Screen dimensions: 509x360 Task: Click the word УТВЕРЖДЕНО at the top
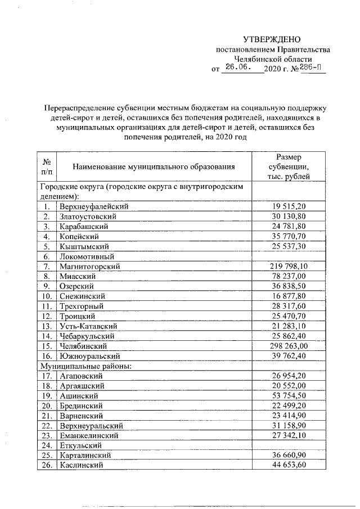click(272, 39)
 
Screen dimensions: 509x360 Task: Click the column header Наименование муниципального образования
click(154, 166)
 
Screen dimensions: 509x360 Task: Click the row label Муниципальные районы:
click(84, 366)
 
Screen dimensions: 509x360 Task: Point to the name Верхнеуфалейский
click(94, 206)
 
